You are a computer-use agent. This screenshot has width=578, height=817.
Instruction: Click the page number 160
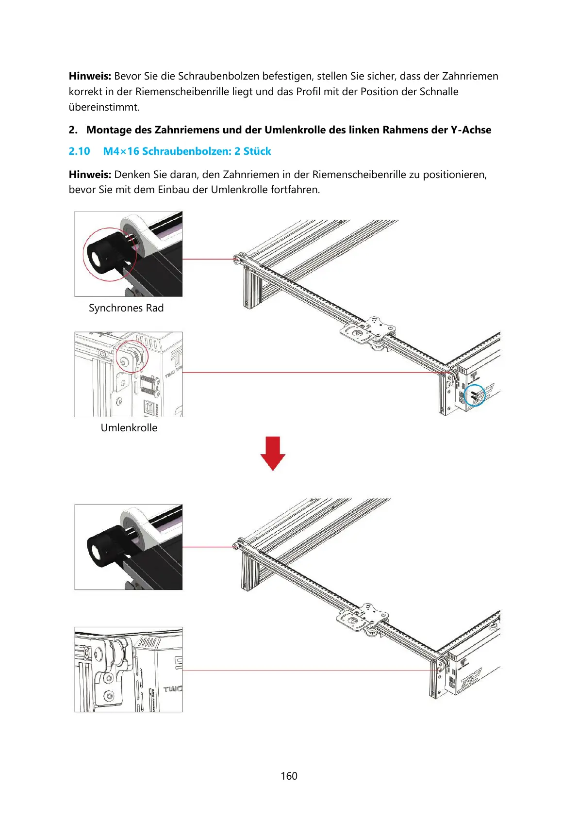point(289,776)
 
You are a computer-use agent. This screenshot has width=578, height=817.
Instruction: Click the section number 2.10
point(79,151)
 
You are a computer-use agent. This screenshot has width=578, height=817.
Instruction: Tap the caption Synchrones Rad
point(126,308)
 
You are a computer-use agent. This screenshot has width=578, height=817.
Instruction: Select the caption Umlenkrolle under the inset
point(129,428)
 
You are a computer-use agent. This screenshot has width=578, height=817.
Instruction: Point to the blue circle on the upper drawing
point(475,395)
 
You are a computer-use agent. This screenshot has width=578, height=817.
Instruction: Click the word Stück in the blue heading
point(257,151)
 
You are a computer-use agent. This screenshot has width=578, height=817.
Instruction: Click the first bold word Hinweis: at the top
point(90,76)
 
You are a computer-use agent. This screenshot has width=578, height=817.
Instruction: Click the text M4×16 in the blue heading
point(121,151)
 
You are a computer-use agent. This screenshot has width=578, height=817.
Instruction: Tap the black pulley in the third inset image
point(104,548)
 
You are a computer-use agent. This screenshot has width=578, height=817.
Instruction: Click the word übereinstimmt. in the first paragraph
point(104,107)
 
